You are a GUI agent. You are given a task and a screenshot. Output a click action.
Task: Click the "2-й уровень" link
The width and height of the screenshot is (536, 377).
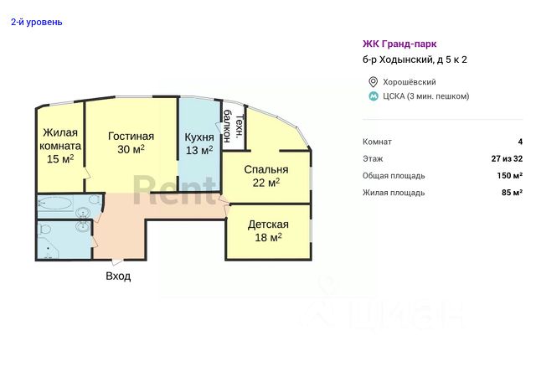(37, 23)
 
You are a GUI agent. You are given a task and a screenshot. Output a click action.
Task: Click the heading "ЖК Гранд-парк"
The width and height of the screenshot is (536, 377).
(399, 44)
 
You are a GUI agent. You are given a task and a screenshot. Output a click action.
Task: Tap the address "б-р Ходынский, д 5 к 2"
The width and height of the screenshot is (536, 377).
(415, 59)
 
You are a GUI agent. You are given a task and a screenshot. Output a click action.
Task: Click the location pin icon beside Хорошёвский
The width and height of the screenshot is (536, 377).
(373, 82)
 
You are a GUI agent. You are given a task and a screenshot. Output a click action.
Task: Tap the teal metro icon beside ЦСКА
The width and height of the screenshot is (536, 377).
(374, 96)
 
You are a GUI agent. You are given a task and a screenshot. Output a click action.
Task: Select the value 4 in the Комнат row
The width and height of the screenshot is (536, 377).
(520, 142)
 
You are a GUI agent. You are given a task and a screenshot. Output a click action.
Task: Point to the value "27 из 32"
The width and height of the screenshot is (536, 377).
(507, 158)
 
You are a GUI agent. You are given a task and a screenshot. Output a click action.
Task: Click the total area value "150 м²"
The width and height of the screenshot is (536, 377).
(510, 175)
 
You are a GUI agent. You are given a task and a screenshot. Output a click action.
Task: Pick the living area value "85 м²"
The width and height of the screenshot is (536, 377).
(512, 193)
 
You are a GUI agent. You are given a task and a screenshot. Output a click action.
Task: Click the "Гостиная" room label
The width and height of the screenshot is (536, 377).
(131, 137)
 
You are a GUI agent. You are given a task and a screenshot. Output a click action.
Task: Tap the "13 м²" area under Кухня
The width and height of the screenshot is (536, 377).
(199, 150)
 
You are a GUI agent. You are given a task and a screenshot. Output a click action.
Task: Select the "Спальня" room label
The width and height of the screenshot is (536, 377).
(266, 169)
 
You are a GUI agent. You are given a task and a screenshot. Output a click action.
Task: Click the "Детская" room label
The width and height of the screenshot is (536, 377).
(268, 225)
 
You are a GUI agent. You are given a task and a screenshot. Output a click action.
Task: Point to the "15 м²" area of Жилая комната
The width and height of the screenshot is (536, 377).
(60, 158)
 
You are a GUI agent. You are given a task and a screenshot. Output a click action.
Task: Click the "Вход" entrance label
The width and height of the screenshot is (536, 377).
(118, 276)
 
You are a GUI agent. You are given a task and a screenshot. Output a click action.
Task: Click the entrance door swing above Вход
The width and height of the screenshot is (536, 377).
(117, 261)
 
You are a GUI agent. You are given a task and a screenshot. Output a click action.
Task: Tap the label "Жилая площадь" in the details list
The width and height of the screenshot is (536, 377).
(394, 193)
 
